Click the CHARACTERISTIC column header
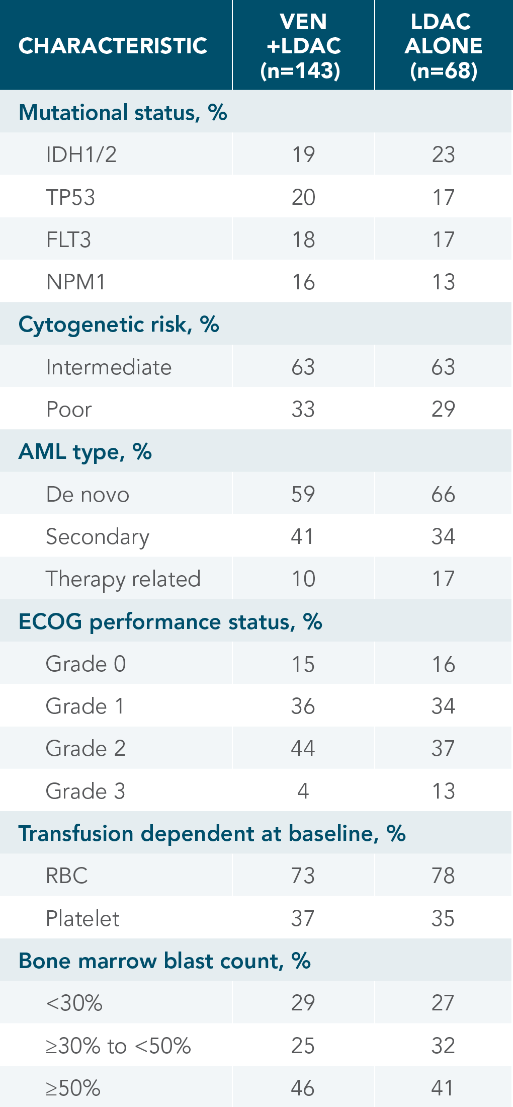[113, 46]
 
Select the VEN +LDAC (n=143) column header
[303, 46]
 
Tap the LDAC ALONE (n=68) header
[443, 46]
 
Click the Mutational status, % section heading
[123, 112]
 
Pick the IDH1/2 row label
[81, 154]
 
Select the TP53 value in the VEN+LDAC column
[303, 197]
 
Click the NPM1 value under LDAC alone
[443, 282]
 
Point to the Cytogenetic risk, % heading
[119, 325]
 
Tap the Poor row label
[69, 409]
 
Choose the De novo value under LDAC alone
[443, 494]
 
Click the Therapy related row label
[123, 579]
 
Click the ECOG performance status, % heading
[170, 621]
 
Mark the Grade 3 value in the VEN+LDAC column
[303, 791]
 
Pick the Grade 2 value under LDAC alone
[443, 748]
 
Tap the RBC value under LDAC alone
[443, 876]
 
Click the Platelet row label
[82, 918]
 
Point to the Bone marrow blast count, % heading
[164, 961]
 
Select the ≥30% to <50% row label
[118, 1046]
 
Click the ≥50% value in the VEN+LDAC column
[303, 1088]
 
